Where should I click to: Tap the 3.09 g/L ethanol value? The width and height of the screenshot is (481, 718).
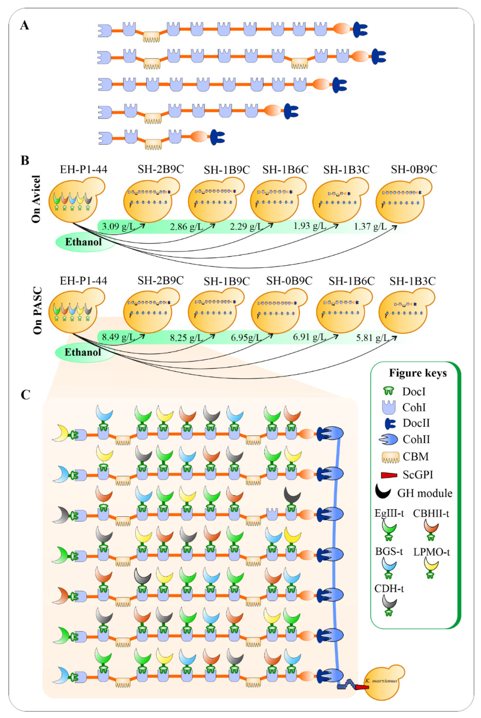[118, 227]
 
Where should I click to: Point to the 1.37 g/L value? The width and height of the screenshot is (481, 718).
[370, 227]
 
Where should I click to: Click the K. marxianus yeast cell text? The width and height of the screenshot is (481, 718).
[381, 681]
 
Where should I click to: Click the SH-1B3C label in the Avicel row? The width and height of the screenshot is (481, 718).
[346, 170]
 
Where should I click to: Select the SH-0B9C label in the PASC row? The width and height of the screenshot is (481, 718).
[289, 281]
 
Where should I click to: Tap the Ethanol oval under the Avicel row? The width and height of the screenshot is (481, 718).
[83, 242]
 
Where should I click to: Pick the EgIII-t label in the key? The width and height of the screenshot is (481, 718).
[389, 513]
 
